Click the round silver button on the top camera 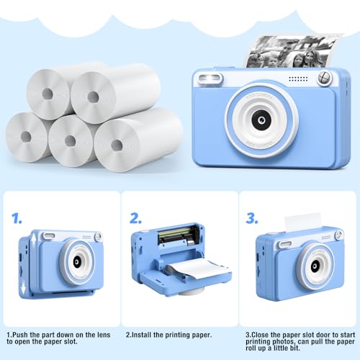pos(324,78)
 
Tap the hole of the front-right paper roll pos(117,145)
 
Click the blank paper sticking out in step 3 pos(302,222)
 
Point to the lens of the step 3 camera pos(315,266)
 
